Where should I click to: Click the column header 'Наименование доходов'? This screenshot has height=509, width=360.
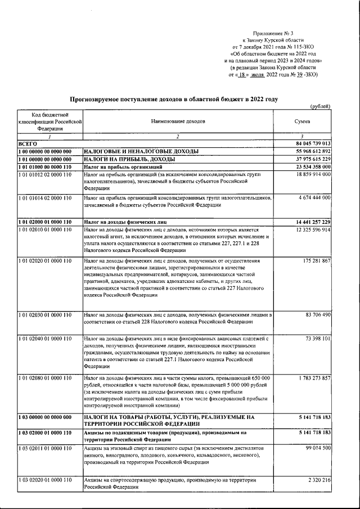point(178,121)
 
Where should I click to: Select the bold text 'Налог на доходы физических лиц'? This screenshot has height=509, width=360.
point(124,222)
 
